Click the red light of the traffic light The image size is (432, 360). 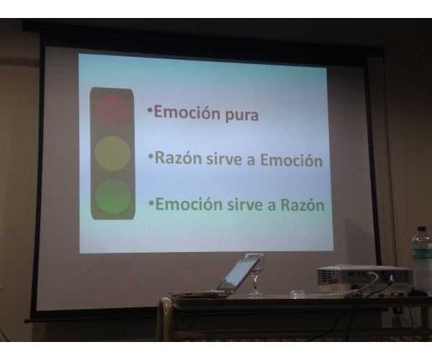pyautogui.click(x=112, y=111)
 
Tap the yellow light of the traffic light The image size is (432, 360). pyautogui.click(x=112, y=153)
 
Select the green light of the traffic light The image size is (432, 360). pyautogui.click(x=113, y=196)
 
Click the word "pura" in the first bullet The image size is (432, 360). pyautogui.click(x=242, y=115)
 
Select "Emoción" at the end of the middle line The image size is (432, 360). pyautogui.click(x=292, y=160)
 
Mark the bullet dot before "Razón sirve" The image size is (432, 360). pyautogui.click(x=150, y=157)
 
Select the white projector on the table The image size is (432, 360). pyautogui.click(x=365, y=279)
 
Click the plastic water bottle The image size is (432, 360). pyautogui.click(x=422, y=261)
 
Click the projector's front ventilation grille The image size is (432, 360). pyautogui.click(x=328, y=276)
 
